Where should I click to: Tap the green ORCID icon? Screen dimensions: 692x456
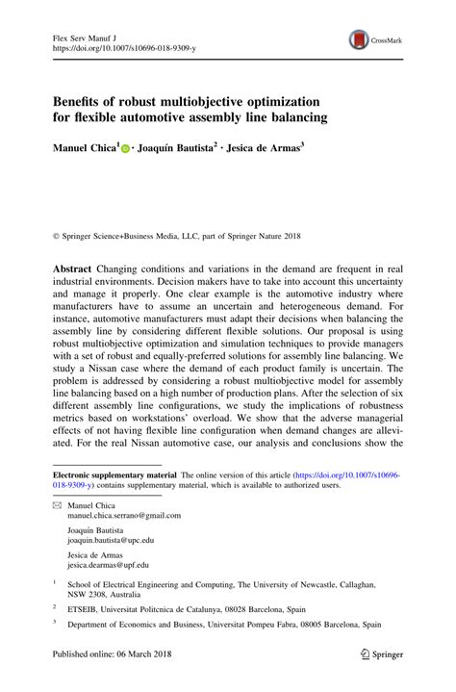pos(126,150)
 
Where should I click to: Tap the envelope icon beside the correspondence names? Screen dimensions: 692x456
pos(58,506)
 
